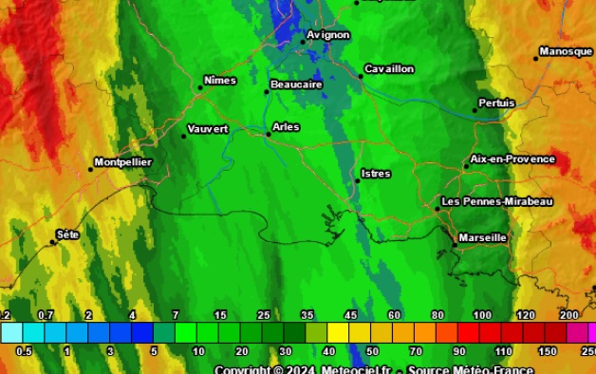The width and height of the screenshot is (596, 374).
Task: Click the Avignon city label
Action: [x=328, y=35]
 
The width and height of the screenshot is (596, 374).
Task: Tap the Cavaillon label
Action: [x=389, y=69]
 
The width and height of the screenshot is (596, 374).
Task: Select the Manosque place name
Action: [x=566, y=51]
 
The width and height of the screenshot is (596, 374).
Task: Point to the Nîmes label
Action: [x=220, y=81]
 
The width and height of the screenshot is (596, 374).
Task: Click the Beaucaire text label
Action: [x=296, y=84]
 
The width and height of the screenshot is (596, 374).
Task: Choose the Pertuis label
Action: [x=497, y=103]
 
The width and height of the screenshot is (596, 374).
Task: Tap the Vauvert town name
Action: [x=208, y=129]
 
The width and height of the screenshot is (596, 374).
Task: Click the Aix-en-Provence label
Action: [x=512, y=159]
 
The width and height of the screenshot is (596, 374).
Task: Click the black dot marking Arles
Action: [x=268, y=134]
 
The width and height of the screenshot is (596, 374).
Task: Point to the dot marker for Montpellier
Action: [x=91, y=170]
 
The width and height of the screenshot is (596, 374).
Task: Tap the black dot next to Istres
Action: [x=357, y=180]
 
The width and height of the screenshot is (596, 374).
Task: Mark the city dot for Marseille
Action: [x=455, y=245]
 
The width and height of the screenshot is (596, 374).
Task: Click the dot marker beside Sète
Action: [x=53, y=242]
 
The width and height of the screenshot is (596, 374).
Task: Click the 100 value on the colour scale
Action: [x=482, y=315]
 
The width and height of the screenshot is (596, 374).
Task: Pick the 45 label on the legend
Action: [x=350, y=315]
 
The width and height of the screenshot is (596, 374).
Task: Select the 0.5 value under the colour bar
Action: [x=24, y=351]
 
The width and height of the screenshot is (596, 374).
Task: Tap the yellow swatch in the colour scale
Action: [x=338, y=332]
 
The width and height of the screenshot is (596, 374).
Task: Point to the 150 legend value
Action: [x=548, y=351]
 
